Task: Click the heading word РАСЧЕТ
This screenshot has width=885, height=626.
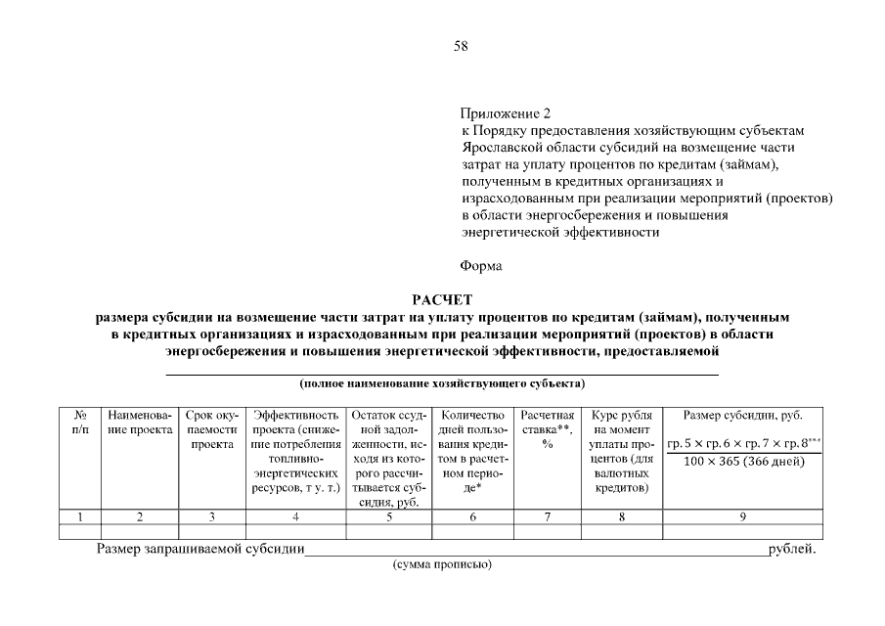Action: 443,301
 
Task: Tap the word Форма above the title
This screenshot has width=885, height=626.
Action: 480,266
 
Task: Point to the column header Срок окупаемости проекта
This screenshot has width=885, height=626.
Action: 211,430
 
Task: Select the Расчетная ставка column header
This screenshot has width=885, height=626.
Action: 548,424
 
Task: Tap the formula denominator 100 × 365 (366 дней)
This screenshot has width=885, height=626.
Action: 742,461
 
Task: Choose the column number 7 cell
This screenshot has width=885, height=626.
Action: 548,515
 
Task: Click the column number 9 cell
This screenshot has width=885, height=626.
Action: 742,515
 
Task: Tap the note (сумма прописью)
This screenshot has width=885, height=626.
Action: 442,565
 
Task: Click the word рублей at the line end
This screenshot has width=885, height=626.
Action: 792,549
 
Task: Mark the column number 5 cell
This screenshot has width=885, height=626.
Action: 388,515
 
